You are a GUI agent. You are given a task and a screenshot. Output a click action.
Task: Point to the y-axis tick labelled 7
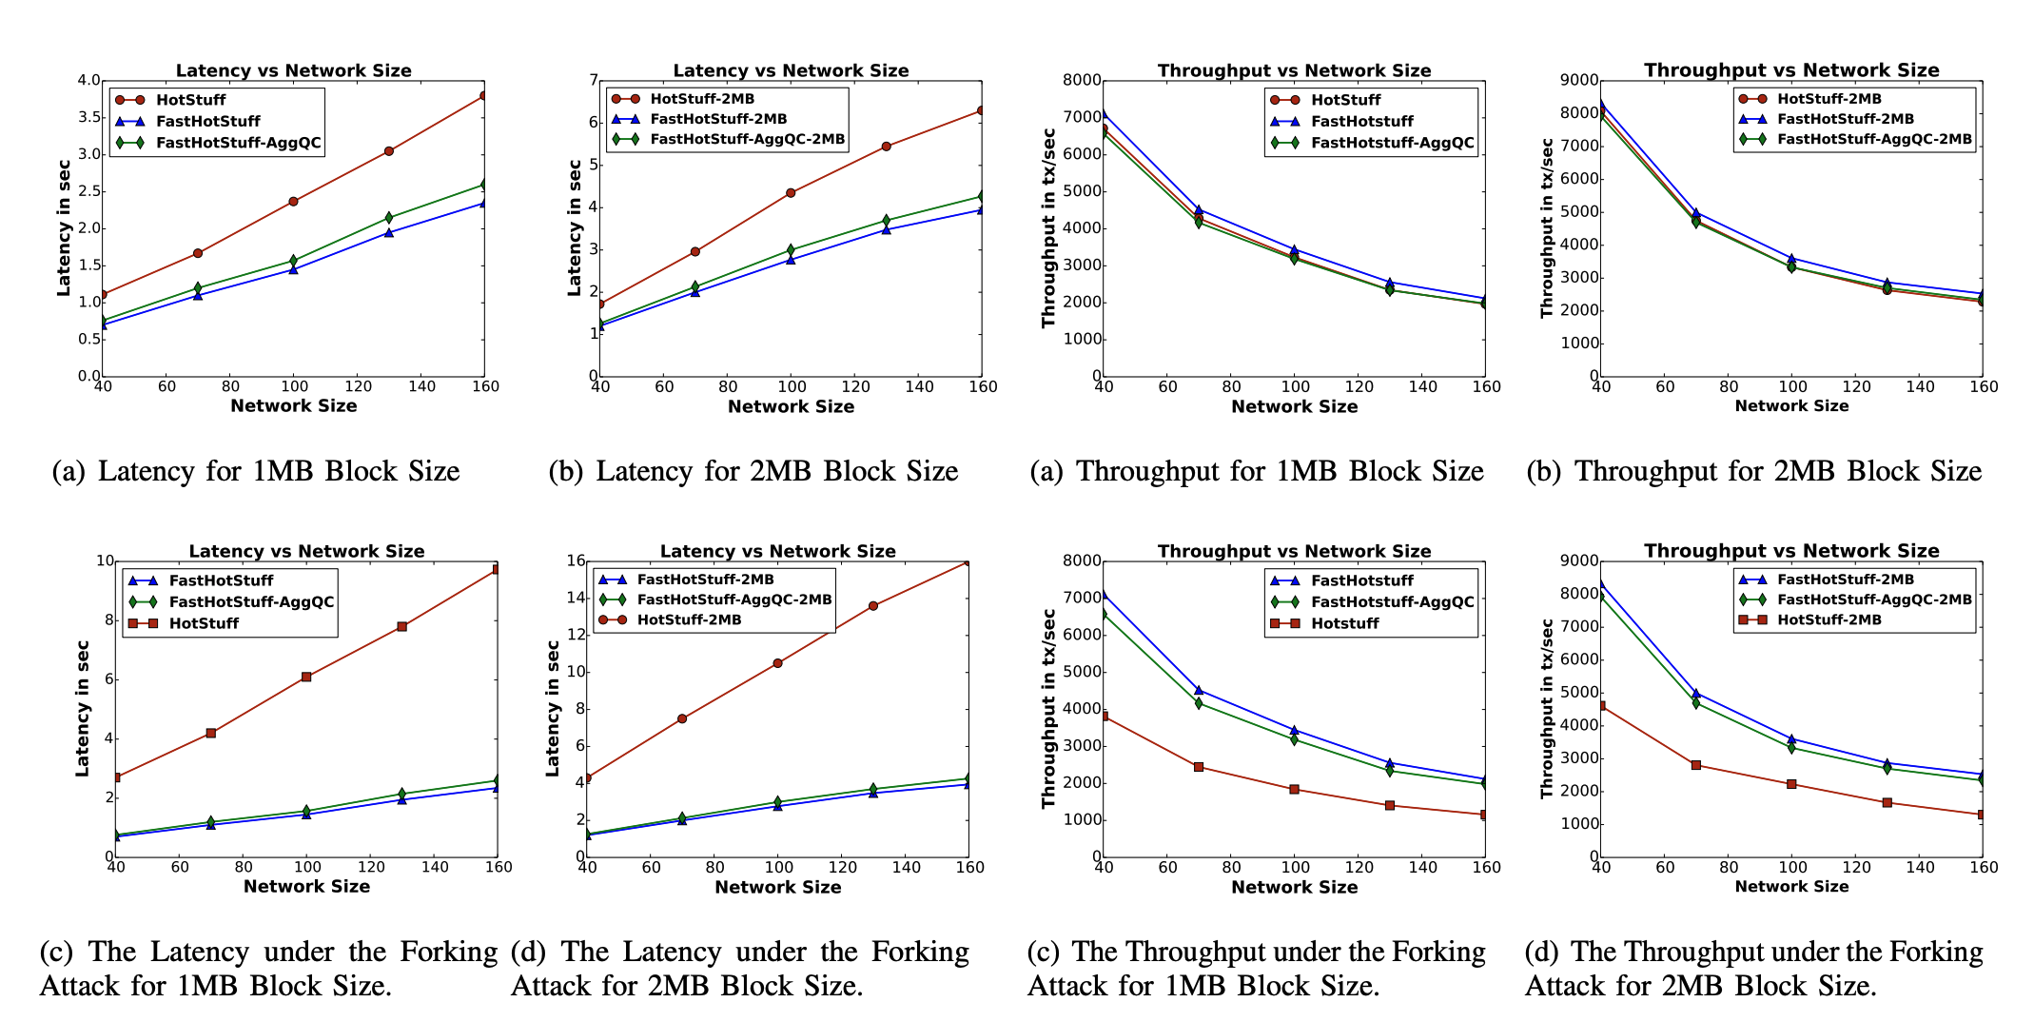coord(591,81)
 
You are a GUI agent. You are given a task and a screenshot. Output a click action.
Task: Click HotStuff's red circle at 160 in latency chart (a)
coord(484,96)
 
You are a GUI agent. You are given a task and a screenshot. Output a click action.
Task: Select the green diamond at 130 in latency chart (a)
coord(388,218)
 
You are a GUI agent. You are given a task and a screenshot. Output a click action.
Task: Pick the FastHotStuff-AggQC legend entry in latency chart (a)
coord(238,144)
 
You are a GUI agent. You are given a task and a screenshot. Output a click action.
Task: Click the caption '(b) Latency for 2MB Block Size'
coord(753,471)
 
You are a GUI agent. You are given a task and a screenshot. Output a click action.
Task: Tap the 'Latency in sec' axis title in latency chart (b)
coord(574,228)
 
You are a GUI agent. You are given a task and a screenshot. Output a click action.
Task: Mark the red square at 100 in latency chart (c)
coord(306,677)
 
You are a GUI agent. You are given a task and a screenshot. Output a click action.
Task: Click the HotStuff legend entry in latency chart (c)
coord(204,623)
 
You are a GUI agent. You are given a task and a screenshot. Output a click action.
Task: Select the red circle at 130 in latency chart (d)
coord(873,606)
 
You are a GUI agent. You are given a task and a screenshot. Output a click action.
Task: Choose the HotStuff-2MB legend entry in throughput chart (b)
coord(1829,99)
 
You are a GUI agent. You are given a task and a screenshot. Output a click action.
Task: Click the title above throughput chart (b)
coord(1791,69)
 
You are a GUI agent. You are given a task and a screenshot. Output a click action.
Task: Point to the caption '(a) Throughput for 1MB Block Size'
coord(1257,471)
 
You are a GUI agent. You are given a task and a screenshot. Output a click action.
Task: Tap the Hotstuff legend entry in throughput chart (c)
coord(1344,623)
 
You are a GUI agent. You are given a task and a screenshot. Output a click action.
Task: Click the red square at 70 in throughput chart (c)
coord(1199,767)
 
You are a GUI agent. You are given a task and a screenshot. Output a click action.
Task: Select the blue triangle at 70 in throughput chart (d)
coord(1696,694)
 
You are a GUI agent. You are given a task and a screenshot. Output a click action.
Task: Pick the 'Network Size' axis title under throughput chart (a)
coord(1294,406)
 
